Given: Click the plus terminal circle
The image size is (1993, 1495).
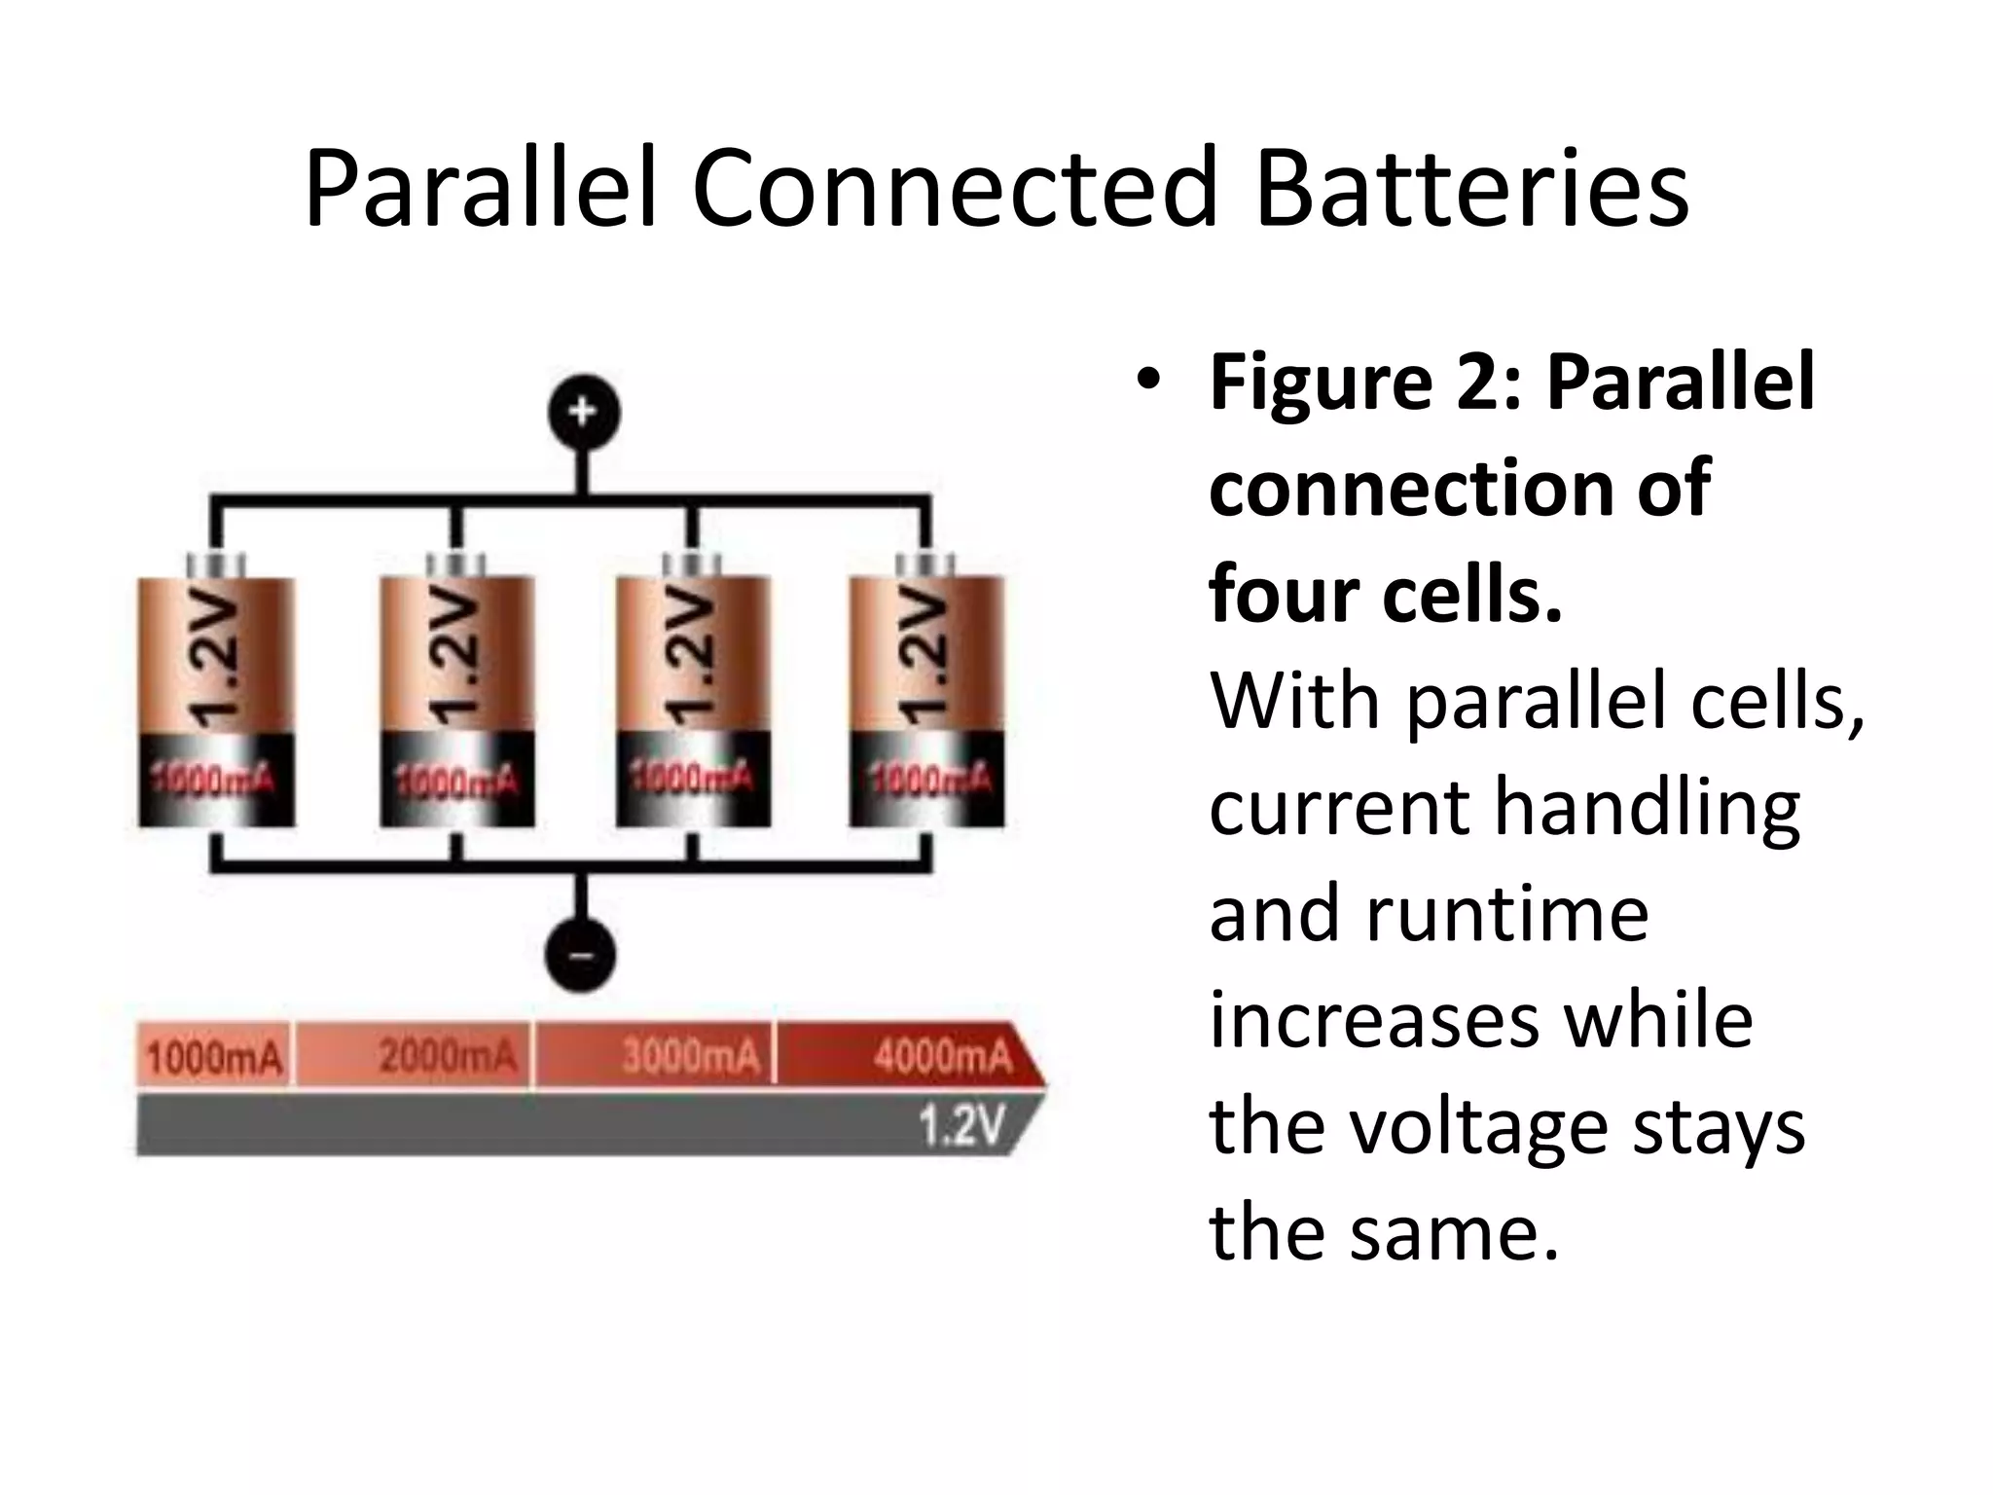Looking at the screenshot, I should click(x=582, y=413).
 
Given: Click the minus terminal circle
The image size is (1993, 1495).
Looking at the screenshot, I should click(x=581, y=956).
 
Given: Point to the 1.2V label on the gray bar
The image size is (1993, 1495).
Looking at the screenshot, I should click(x=961, y=1127).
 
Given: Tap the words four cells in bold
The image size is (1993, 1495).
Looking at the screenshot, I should click(x=1386, y=594).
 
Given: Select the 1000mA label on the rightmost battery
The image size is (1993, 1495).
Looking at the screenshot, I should click(x=929, y=779).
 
